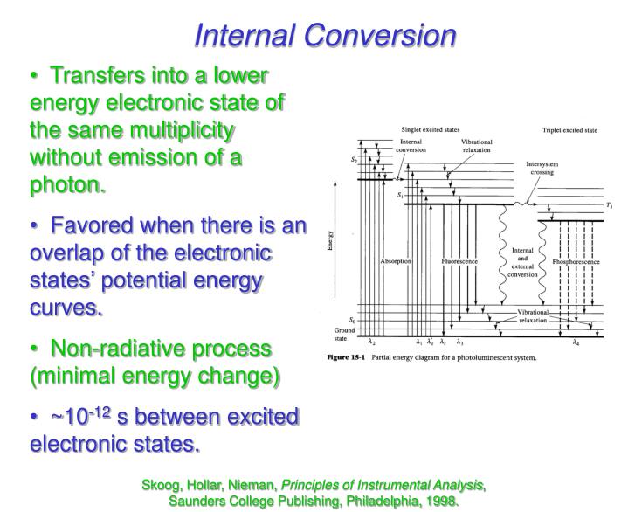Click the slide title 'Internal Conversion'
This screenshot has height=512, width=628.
click(325, 35)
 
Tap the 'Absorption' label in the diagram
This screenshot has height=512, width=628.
click(397, 261)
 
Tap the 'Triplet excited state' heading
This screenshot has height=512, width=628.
click(569, 130)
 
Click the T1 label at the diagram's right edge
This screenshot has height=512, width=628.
click(609, 206)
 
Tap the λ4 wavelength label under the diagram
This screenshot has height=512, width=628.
click(576, 342)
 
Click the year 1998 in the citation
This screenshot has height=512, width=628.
click(441, 502)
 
